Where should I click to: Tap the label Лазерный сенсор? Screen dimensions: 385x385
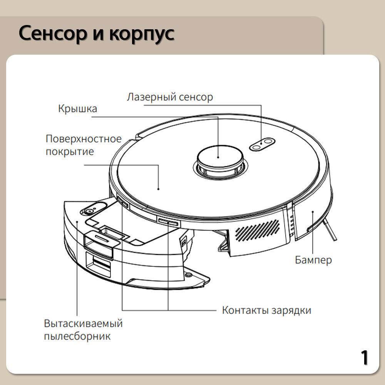click(x=169, y=97)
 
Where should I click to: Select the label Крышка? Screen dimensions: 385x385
click(x=77, y=109)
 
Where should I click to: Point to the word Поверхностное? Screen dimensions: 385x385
click(x=83, y=139)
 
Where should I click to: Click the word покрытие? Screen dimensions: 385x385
click(x=69, y=151)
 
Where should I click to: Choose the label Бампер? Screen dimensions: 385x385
click(x=313, y=260)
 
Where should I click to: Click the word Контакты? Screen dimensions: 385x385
click(x=245, y=310)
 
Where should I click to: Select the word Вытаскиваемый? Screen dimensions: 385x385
click(x=83, y=323)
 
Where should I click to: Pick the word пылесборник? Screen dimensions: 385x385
click(x=77, y=336)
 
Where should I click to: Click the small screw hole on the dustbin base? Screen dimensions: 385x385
click(x=188, y=275)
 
